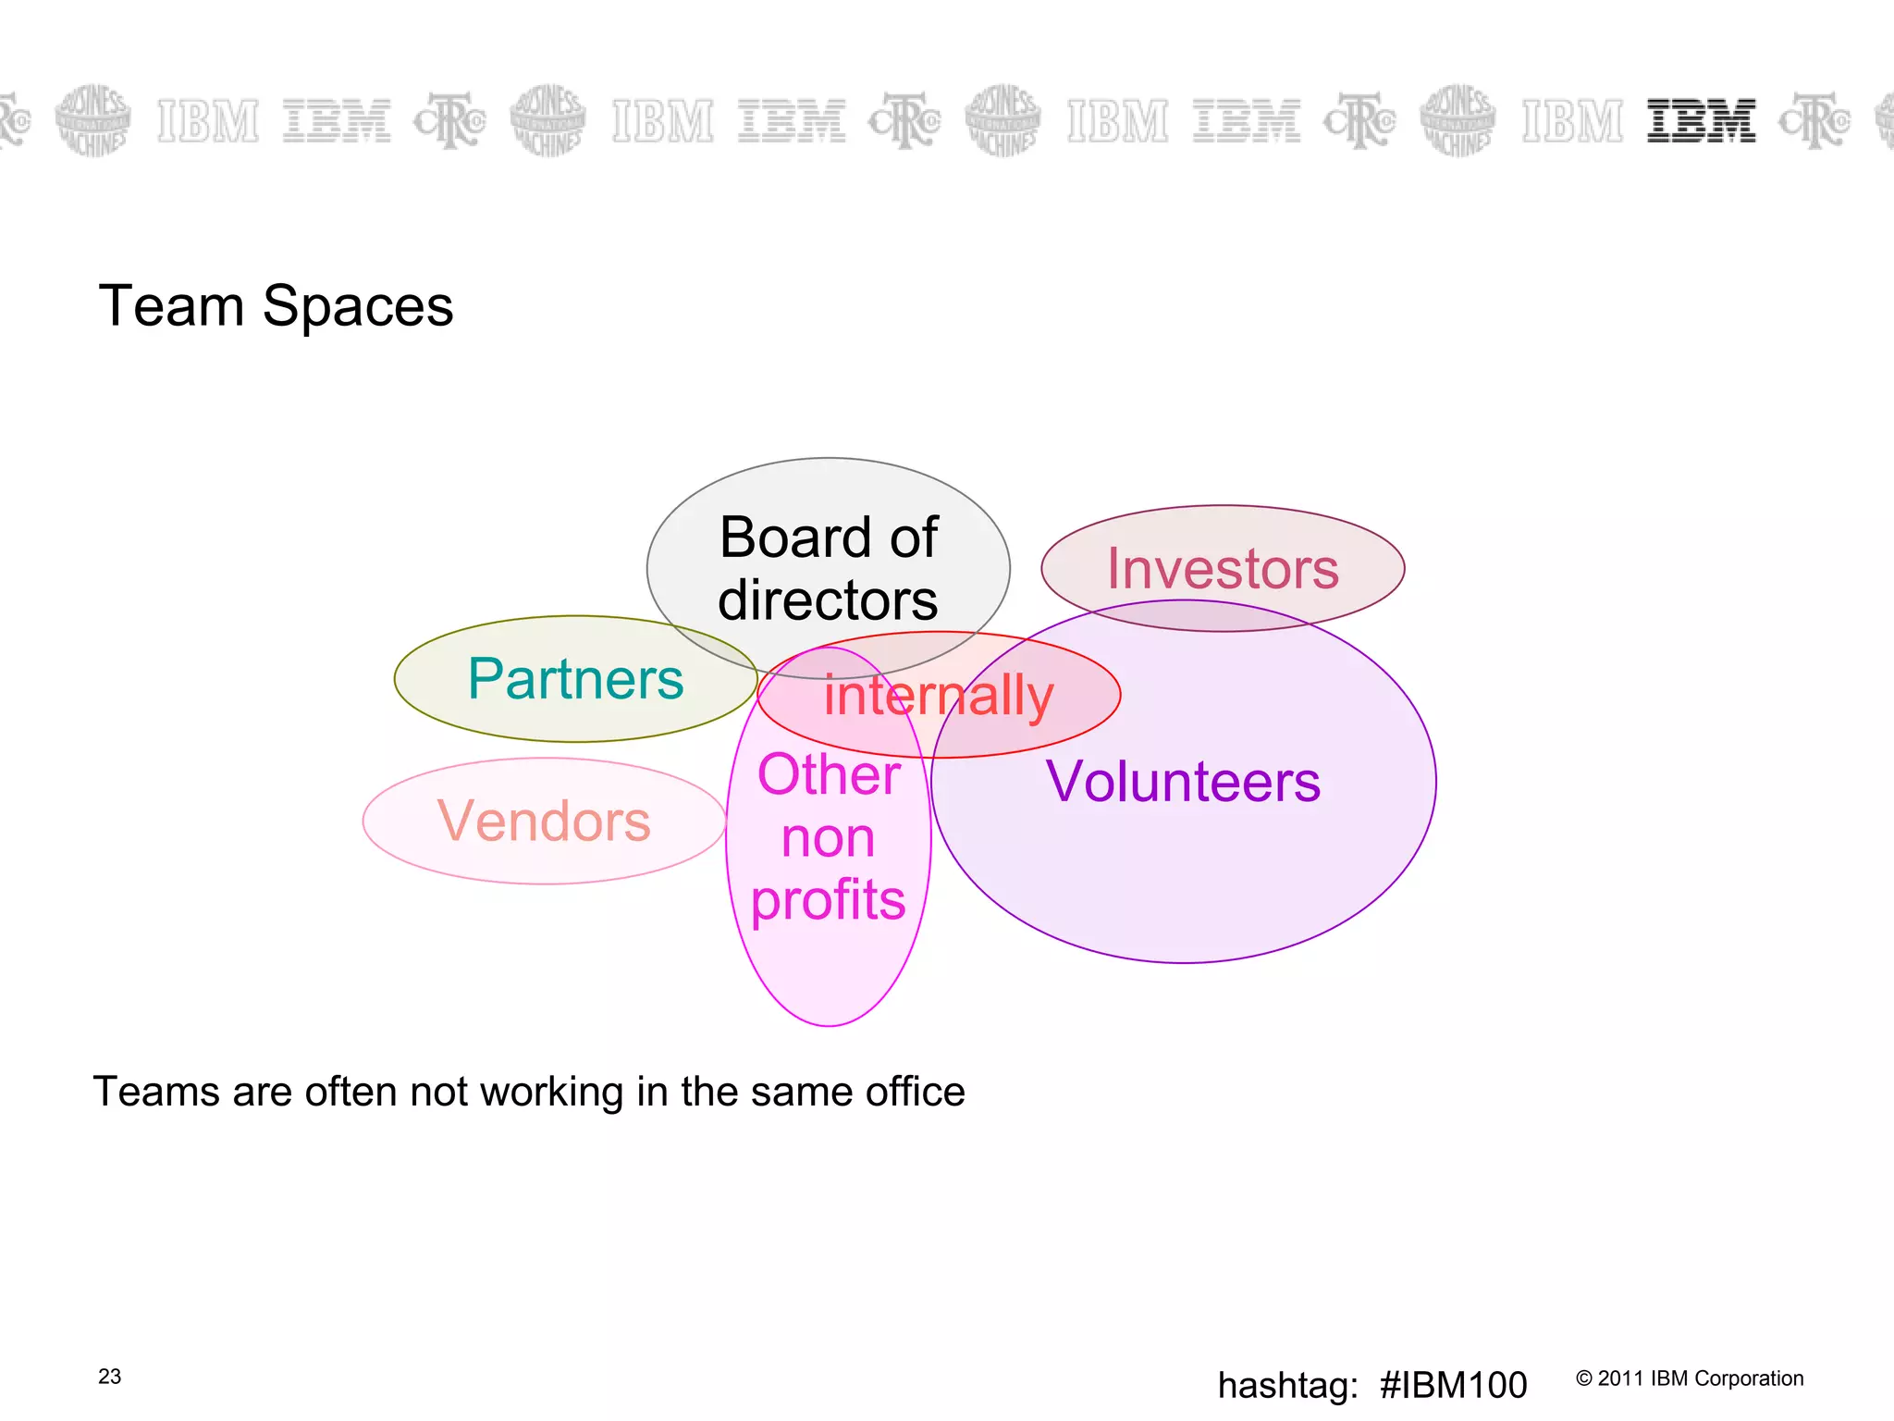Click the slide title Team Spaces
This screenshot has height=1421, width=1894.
tap(276, 306)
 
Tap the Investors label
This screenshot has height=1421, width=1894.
tap(1223, 568)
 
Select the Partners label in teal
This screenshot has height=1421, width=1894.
tap(575, 678)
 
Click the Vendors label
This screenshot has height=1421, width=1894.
tap(544, 821)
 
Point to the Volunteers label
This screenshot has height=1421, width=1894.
tap(1183, 782)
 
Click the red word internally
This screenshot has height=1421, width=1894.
tap(938, 695)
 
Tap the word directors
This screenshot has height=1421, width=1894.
tap(828, 600)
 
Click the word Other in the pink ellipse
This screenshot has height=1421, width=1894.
tap(829, 774)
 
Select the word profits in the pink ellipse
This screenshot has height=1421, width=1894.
tap(828, 900)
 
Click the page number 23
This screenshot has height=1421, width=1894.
tap(109, 1377)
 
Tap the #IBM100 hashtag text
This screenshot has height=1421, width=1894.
tap(1452, 1385)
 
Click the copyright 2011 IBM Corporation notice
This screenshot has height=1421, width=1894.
tap(1689, 1378)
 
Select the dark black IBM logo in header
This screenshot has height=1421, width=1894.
tap(1701, 121)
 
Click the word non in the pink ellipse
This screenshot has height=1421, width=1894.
tap(828, 838)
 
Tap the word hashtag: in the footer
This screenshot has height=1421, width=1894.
tap(1287, 1385)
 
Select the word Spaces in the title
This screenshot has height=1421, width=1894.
tap(358, 306)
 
